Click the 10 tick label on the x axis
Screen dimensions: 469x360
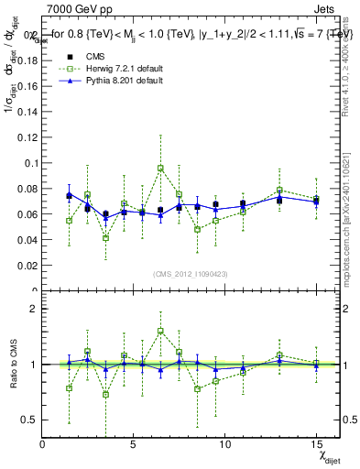pos(224,444)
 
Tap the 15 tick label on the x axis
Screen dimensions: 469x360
pos(315,444)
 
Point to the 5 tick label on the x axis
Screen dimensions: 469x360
pos(134,444)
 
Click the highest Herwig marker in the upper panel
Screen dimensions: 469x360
pos(160,169)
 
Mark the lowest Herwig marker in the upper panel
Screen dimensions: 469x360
pos(106,238)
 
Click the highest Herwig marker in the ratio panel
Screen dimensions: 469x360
pos(160,331)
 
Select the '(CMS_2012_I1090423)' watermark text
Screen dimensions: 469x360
pos(190,273)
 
